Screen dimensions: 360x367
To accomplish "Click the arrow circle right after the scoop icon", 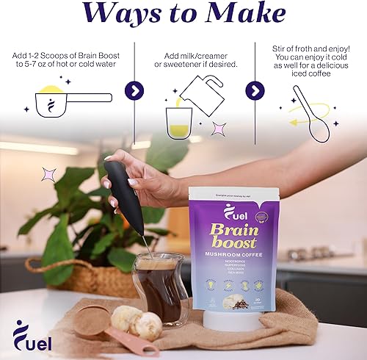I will tap(134, 91).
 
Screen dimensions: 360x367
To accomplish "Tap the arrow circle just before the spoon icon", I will tap(254, 91).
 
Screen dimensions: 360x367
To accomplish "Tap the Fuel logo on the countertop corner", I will tap(34, 336).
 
